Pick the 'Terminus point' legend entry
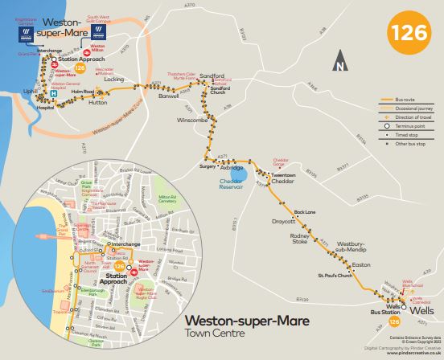[411, 126]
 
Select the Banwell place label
[168, 96]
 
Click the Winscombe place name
[192, 121]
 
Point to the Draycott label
[284, 220]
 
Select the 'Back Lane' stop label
[305, 211]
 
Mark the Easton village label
[361, 264]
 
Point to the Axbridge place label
[232, 168]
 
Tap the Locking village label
[114, 80]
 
